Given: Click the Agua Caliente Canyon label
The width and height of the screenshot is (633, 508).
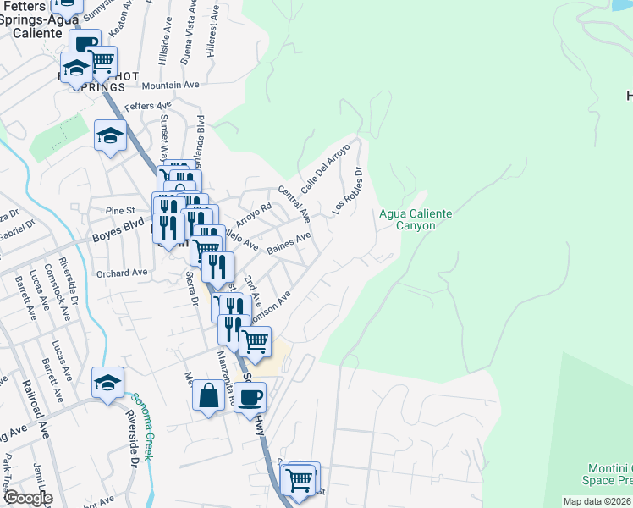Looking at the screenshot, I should tap(415, 219).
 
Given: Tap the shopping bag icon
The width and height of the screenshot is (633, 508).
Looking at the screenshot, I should tap(209, 395).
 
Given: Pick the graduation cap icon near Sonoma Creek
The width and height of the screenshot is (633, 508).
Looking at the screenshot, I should tap(107, 383).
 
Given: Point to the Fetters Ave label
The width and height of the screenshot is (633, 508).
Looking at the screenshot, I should tap(147, 107).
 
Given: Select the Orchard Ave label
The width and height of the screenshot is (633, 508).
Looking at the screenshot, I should tap(122, 273).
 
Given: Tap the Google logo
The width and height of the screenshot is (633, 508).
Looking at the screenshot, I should tap(28, 498).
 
